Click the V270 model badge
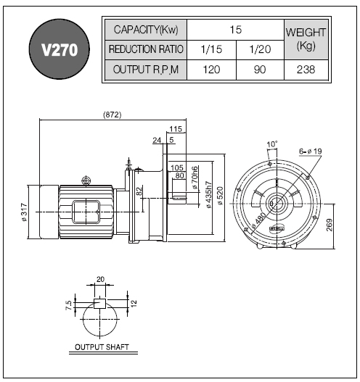click(60, 49)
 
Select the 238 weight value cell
click(306, 70)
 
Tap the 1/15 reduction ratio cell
click(211, 49)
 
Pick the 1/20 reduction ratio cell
click(260, 49)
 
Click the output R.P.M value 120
click(211, 70)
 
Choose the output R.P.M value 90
click(260, 70)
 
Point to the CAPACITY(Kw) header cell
click(146, 30)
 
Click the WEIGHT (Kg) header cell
click(306, 39)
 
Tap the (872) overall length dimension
click(112, 115)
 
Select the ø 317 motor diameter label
click(24, 212)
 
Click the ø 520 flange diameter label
click(220, 196)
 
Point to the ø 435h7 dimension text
click(209, 195)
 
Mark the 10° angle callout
click(272, 144)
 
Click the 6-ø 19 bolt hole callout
click(311, 151)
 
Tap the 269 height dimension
click(330, 225)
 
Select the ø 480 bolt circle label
click(258, 220)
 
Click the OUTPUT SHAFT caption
click(102, 347)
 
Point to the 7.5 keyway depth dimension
click(69, 305)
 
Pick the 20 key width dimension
click(100, 279)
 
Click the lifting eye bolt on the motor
click(86, 180)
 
